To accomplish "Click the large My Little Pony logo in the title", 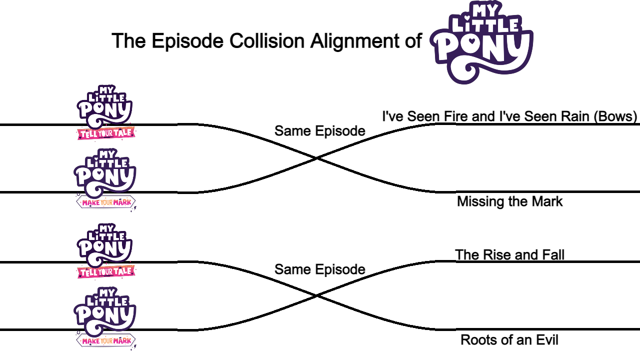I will [x=482, y=42].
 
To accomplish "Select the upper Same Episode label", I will [x=319, y=131].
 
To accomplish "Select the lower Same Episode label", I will [x=319, y=269].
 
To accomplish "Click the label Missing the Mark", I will [x=509, y=201].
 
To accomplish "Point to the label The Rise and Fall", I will [x=509, y=255].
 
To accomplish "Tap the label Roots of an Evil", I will [x=509, y=340].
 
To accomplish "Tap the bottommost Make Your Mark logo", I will [x=105, y=318].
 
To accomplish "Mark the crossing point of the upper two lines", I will [x=317, y=158].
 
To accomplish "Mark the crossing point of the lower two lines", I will [x=317, y=296].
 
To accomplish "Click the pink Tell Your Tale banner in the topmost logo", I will [x=106, y=133].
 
